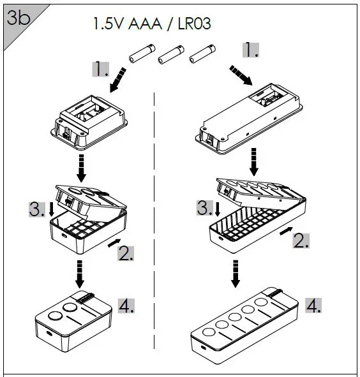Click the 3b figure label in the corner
pos(16,18)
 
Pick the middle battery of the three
pos(170,54)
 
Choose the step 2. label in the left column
pos(126,253)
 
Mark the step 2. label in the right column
pos(301,240)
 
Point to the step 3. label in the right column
pos(204,208)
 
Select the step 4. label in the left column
pos(126,306)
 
